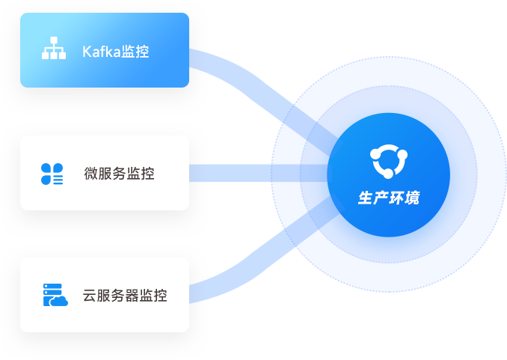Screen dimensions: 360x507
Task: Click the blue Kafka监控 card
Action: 105,50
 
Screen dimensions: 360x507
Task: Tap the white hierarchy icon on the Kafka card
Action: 53,49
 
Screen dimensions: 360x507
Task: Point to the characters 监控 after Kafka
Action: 135,52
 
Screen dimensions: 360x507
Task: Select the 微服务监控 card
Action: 105,173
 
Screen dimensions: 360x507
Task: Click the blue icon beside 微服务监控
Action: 52,174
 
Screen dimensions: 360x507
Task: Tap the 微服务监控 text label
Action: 120,174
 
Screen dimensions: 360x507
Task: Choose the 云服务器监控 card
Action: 105,295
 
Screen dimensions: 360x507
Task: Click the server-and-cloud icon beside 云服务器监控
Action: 55,295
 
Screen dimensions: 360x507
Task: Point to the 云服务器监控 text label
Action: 125,296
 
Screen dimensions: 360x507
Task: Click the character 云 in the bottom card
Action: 90,296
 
